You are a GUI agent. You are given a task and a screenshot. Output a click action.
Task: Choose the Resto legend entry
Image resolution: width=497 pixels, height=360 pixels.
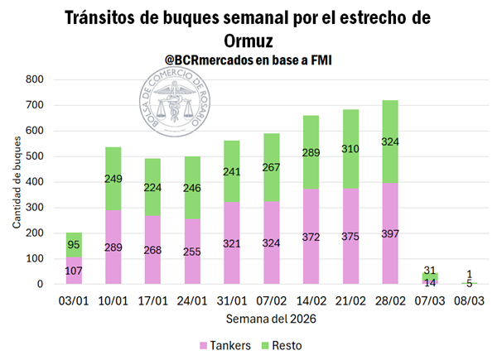286,342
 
